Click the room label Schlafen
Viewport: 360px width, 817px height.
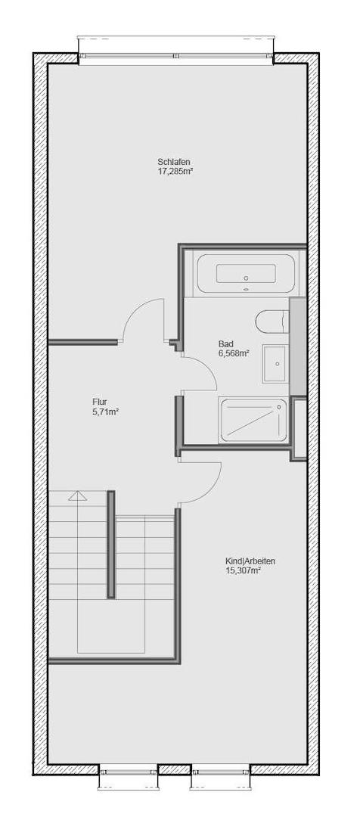click(173, 161)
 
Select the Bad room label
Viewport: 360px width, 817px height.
click(225, 342)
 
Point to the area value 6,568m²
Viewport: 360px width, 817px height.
click(234, 352)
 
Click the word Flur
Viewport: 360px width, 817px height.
click(101, 402)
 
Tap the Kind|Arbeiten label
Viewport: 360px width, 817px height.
click(250, 561)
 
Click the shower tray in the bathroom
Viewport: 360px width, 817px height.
click(253, 419)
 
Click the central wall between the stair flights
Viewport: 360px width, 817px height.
click(111, 545)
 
